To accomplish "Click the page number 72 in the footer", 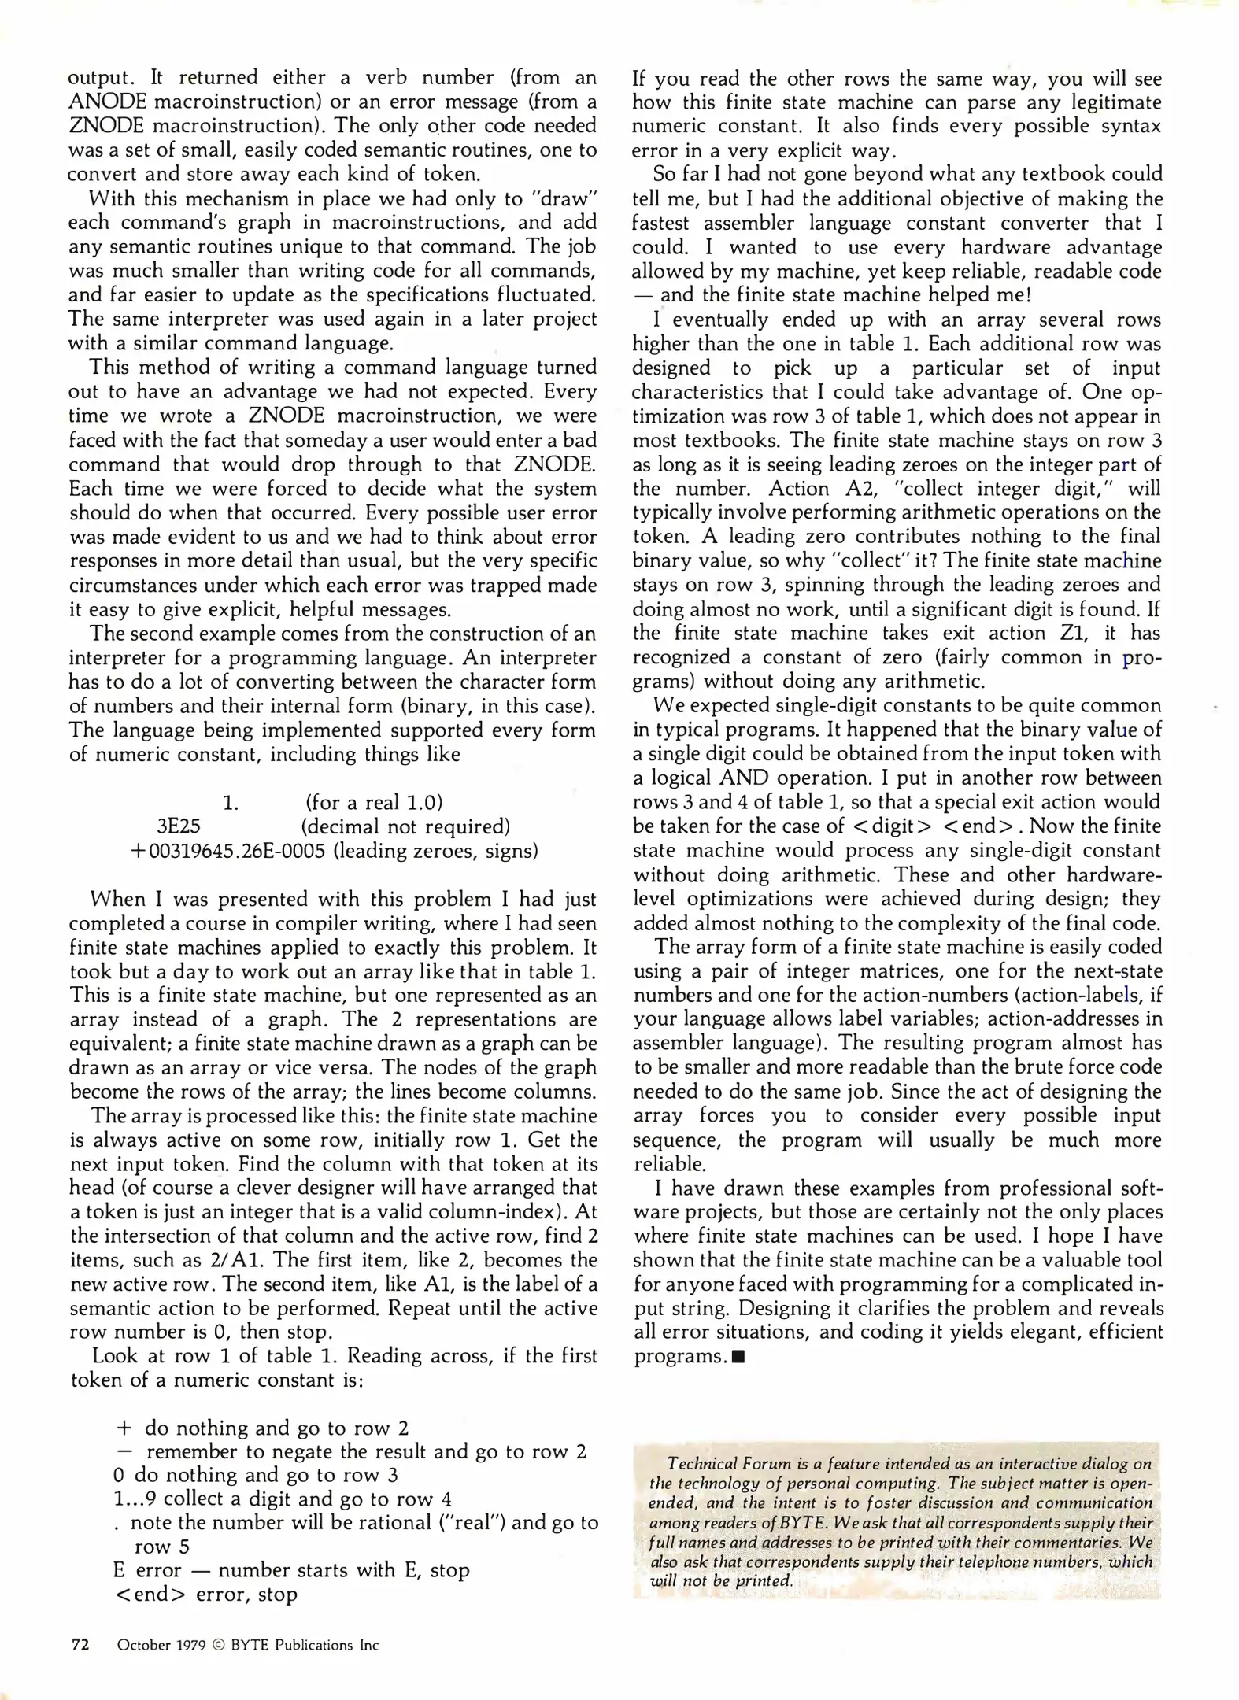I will coord(80,1645).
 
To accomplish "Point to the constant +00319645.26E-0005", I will coord(227,851).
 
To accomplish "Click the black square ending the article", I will coord(738,1357).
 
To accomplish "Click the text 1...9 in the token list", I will coord(135,1499).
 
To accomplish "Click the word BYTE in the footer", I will coord(251,1646).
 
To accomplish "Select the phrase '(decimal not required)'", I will coord(405,826).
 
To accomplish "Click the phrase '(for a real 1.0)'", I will coord(374,803).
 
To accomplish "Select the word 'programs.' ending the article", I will coord(679,1357).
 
